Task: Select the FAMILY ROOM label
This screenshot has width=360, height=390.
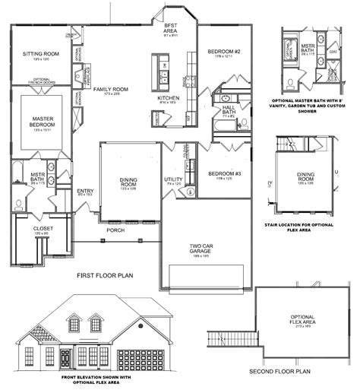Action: (111, 90)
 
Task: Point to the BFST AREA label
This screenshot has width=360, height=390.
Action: (170, 28)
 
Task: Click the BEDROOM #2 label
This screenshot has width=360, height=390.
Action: (224, 52)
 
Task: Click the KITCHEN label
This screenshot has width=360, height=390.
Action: (168, 98)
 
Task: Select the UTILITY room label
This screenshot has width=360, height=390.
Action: (173, 179)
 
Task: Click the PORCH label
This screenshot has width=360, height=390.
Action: (115, 230)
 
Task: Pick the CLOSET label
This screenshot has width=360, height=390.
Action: (42, 228)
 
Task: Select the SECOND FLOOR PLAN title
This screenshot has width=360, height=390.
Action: (280, 372)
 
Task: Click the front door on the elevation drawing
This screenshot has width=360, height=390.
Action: (65, 357)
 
